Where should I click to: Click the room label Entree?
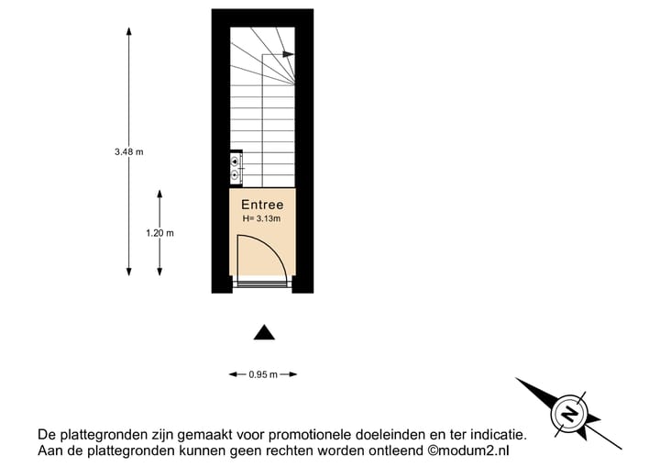pyautogui.click(x=262, y=205)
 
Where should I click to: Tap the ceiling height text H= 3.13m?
pyautogui.click(x=261, y=218)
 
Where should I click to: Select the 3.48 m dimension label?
pyautogui.click(x=129, y=151)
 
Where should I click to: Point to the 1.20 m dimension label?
pyautogui.click(x=159, y=233)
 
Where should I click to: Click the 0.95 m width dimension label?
pyautogui.click(x=263, y=374)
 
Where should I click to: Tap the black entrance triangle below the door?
pyautogui.click(x=264, y=332)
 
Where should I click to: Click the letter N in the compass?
pyautogui.click(x=570, y=413)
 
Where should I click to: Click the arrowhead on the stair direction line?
pyautogui.click(x=289, y=54)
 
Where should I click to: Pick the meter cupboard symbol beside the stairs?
pyautogui.click(x=236, y=167)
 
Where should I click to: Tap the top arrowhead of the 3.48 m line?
pyautogui.click(x=129, y=31)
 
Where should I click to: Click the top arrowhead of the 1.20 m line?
pyautogui.click(x=159, y=194)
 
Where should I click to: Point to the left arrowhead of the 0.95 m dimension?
pyautogui.click(x=233, y=374)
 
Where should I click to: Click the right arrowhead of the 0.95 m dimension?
pyautogui.click(x=292, y=374)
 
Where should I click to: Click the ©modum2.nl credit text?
pyautogui.click(x=468, y=450)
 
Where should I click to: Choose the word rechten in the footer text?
pyautogui.click(x=290, y=450)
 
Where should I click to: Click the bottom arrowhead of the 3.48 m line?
pyautogui.click(x=129, y=272)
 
